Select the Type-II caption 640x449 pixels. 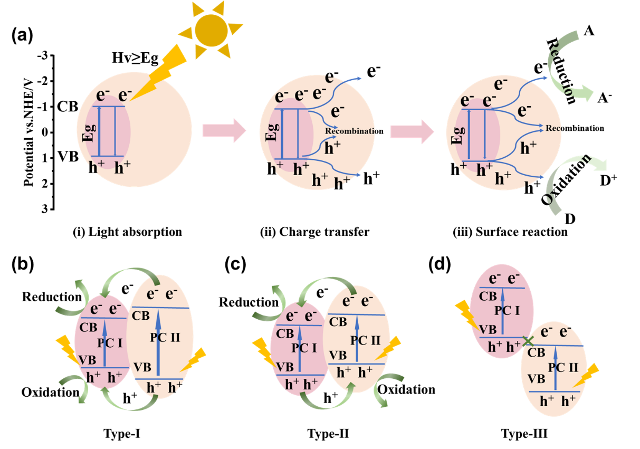pos(328,434)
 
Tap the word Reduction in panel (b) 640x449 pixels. pos(52,297)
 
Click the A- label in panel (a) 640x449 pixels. pos(605,98)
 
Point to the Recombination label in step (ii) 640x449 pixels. pos(354,131)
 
